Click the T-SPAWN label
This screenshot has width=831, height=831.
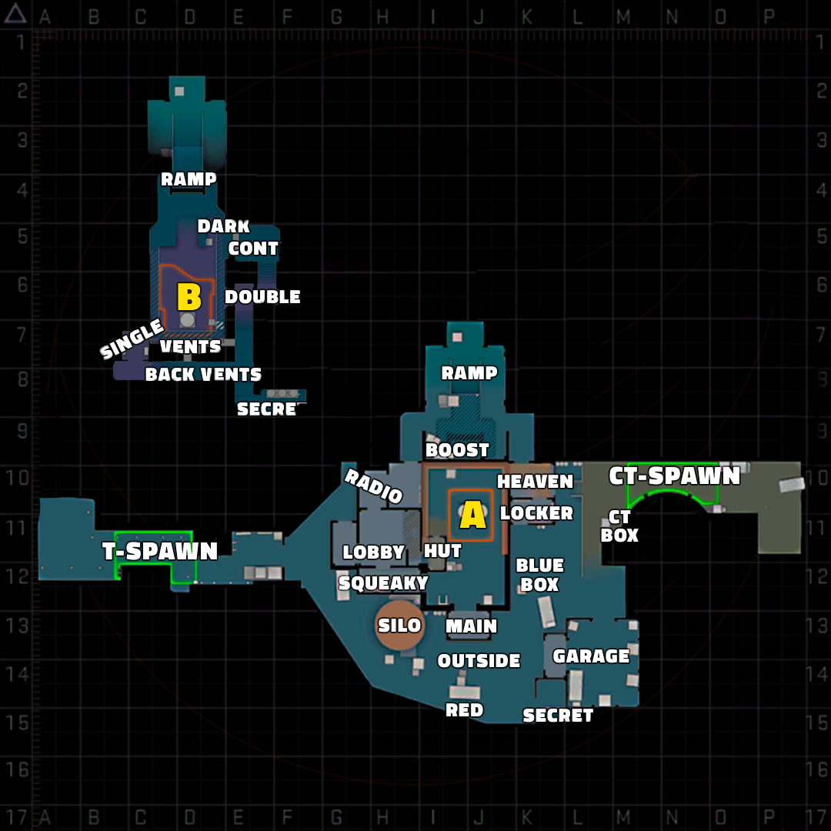tap(160, 551)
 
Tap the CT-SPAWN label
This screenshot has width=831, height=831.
tap(674, 476)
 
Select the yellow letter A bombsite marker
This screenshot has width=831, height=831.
tap(472, 515)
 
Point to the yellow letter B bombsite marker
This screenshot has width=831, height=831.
tap(189, 297)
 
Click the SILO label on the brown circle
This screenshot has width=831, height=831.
tap(399, 626)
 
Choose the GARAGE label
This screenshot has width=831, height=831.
tap(591, 656)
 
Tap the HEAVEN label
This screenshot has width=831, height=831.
tap(535, 482)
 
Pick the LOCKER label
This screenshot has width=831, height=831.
tap(536, 513)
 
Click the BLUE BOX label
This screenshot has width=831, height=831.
tap(539, 575)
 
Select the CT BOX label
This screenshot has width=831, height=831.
tap(619, 526)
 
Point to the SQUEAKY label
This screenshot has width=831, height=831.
tap(383, 583)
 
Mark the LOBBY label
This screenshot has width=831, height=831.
tap(373, 552)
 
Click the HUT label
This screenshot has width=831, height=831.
tap(442, 551)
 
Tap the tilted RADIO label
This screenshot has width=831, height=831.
tap(374, 486)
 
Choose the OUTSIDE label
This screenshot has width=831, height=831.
tap(479, 661)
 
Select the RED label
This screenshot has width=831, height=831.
tap(464, 710)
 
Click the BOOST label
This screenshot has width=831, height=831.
tap(457, 450)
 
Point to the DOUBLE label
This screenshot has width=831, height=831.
tap(262, 297)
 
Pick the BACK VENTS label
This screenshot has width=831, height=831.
tap(203, 375)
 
